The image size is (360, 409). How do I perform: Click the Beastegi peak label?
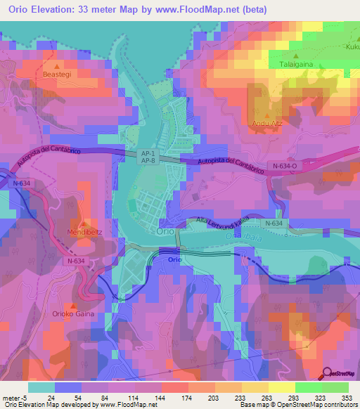pyautogui.click(x=57, y=73)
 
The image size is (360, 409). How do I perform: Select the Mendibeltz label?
pyautogui.click(x=84, y=232)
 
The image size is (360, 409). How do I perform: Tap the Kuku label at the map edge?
pyautogui.click(x=352, y=47)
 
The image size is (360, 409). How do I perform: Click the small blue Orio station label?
pyautogui.click(x=176, y=259)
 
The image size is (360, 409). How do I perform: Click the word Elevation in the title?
pyautogui.click(x=61, y=10)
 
